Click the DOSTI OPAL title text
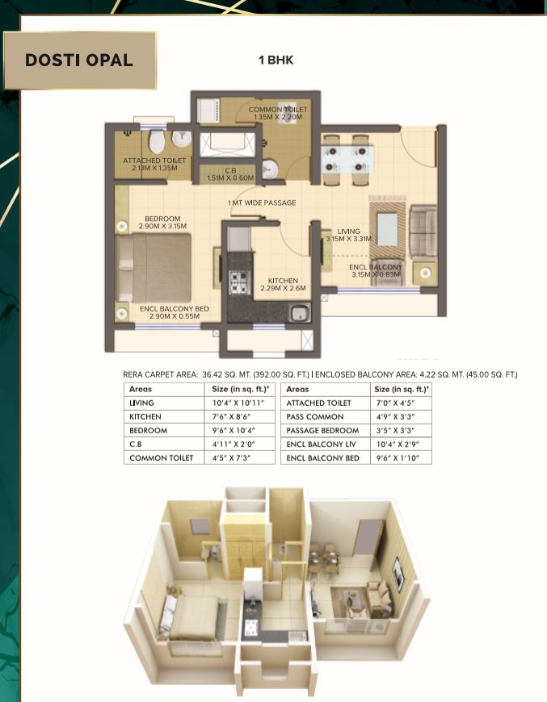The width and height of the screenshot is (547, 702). coord(79,61)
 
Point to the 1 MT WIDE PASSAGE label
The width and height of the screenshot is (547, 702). coord(262,203)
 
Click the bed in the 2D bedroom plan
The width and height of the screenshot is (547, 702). coord(151,268)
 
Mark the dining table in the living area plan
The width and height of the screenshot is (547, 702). coord(347,155)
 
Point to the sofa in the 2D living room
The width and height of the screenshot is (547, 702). coord(422,227)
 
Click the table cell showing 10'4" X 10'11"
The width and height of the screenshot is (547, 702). coord(237,403)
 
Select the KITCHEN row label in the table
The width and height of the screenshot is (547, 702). coord(145,416)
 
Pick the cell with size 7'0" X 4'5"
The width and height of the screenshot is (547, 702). coord(393,403)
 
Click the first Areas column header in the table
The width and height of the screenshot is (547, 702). coord(141,389)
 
